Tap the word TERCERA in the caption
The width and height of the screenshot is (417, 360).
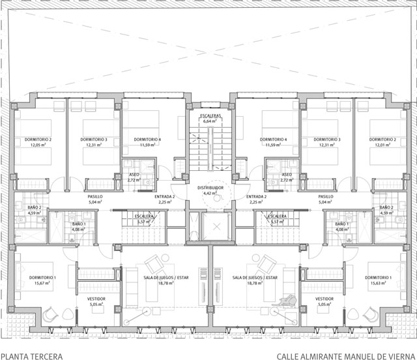click(x=47, y=356)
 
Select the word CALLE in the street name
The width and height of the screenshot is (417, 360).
click(x=288, y=356)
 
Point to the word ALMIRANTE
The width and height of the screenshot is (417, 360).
click(x=325, y=356)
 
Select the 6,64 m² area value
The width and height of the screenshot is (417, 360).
click(x=210, y=121)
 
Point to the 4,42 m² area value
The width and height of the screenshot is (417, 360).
click(x=210, y=194)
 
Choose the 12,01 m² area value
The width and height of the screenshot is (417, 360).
click(x=383, y=145)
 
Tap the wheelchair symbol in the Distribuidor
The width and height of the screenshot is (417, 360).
click(x=210, y=202)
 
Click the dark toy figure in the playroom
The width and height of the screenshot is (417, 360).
click(x=285, y=301)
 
